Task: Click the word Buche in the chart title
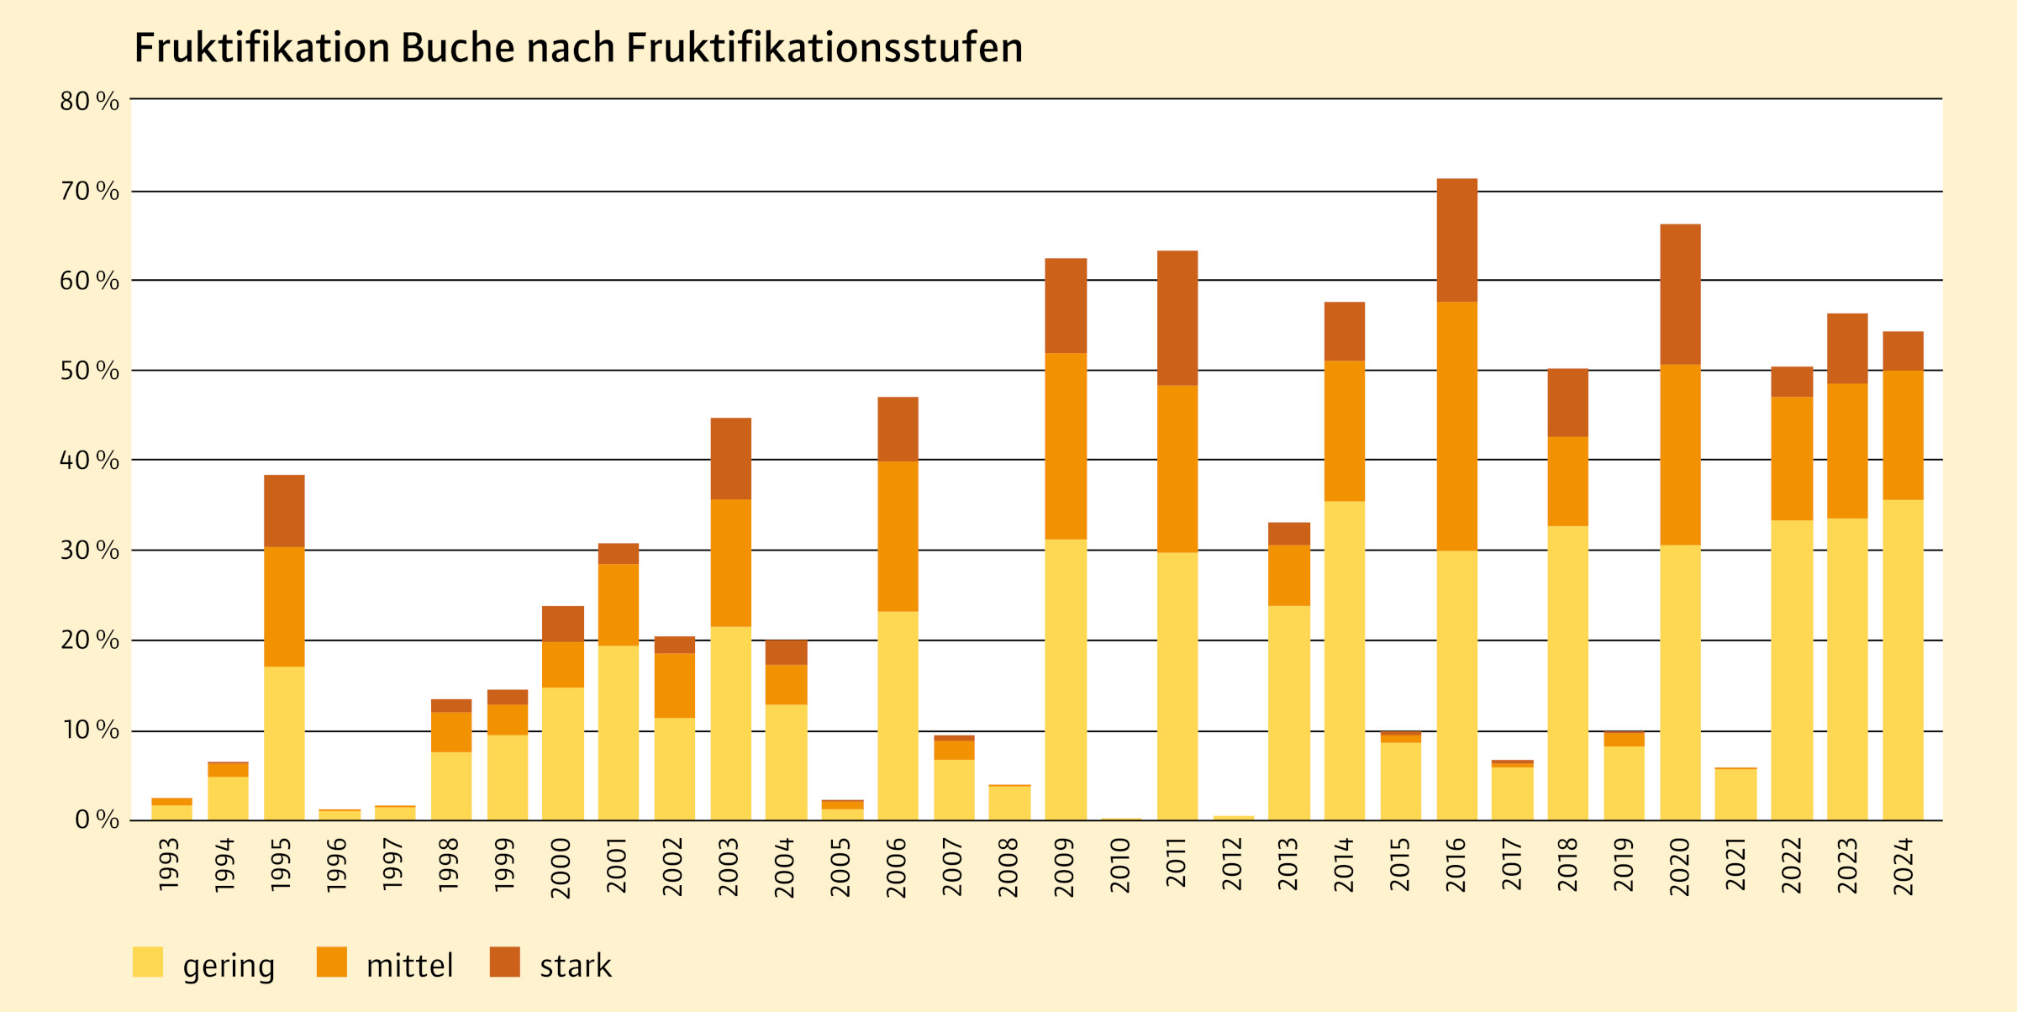click(x=457, y=48)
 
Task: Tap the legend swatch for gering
click(x=148, y=962)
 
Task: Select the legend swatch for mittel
click(x=332, y=962)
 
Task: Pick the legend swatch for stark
click(x=505, y=962)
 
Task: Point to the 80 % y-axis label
click(x=89, y=102)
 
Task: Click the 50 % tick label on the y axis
click(x=89, y=371)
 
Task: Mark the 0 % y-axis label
click(x=97, y=820)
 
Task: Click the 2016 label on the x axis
click(x=1456, y=866)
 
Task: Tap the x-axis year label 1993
click(x=170, y=864)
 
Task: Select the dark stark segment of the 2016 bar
click(x=1457, y=240)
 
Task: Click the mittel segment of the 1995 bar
click(x=284, y=607)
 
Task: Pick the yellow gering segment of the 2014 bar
click(x=1345, y=661)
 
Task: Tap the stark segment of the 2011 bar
click(x=1177, y=318)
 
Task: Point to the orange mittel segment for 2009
click(x=1066, y=446)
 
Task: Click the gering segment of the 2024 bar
click(x=1904, y=660)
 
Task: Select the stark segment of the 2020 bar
click(x=1681, y=294)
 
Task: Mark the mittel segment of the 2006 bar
click(x=898, y=536)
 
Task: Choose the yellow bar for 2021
click(x=1736, y=794)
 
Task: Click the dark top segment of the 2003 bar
click(x=731, y=459)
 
